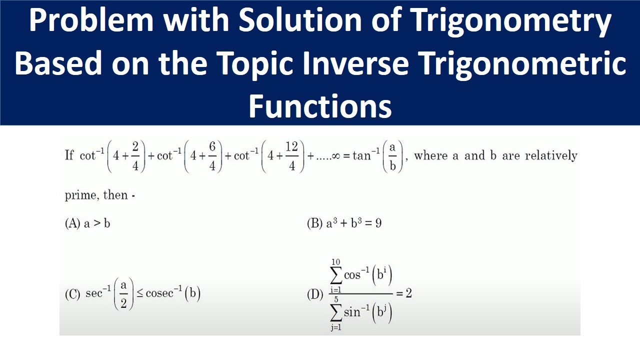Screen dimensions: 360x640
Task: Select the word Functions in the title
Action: click(320, 106)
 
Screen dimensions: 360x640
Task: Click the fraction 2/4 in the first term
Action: click(135, 156)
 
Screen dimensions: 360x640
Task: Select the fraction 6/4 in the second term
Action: click(212, 156)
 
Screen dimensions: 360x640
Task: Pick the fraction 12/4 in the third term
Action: click(292, 156)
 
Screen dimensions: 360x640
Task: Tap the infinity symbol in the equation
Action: click(335, 156)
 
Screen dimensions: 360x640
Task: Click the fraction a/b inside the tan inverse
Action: click(392, 156)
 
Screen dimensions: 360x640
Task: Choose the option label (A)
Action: click(72, 223)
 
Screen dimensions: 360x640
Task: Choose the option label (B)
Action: click(314, 223)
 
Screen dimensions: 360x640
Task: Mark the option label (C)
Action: click(72, 294)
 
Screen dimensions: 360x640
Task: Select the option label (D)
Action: click(314, 294)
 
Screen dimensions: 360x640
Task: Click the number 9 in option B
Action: click(378, 223)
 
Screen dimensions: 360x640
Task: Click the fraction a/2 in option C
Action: click(123, 294)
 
